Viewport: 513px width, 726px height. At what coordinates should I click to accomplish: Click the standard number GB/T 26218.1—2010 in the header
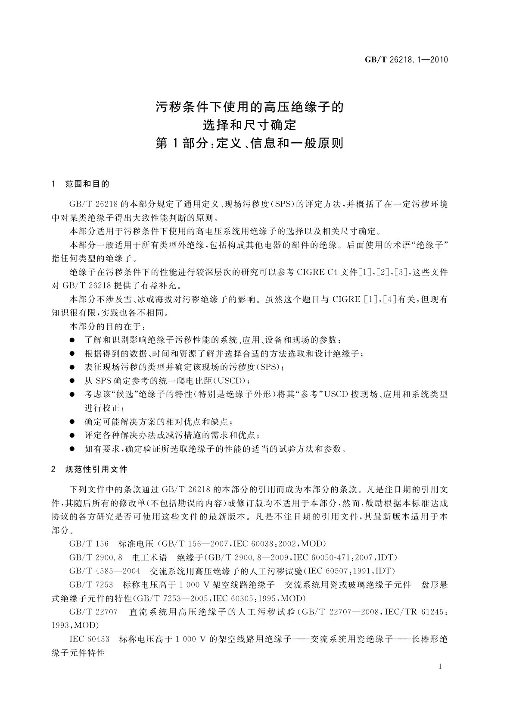[407, 60]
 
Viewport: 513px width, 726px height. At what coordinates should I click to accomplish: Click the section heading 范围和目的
[87, 184]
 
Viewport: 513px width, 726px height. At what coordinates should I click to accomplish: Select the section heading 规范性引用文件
[96, 469]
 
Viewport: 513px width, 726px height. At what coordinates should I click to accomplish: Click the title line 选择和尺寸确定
[250, 125]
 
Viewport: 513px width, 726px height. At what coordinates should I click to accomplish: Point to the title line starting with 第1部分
[249, 143]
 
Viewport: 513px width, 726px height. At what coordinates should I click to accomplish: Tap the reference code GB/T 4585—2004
[105, 571]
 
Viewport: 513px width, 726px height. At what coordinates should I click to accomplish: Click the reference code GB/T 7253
[91, 585]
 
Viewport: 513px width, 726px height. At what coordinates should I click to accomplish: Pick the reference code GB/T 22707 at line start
[93, 612]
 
